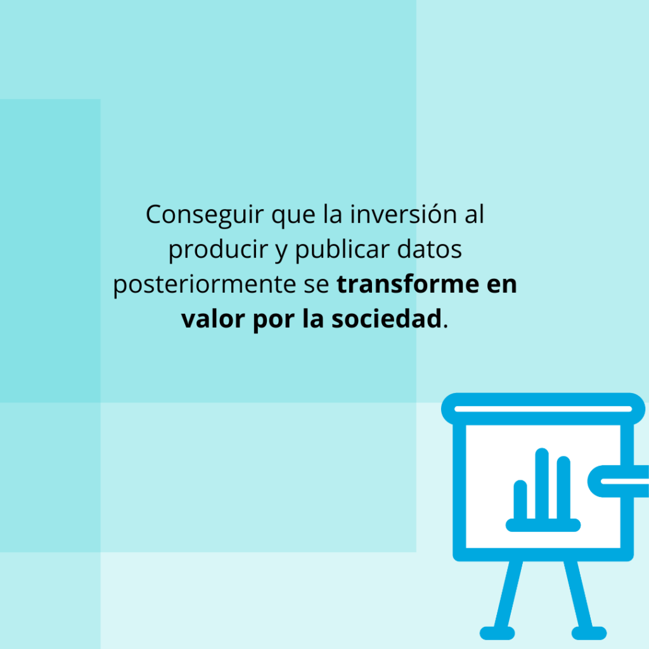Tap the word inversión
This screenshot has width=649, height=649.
(x=403, y=214)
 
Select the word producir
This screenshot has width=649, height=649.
(x=218, y=250)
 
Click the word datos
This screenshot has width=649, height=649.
(x=430, y=249)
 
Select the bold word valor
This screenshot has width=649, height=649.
(x=213, y=319)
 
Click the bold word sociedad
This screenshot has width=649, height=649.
(x=387, y=319)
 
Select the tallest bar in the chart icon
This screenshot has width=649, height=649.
(x=542, y=484)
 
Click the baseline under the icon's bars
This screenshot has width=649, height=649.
(x=543, y=525)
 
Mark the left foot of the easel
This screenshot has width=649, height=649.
(x=497, y=633)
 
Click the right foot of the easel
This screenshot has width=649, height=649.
(x=589, y=633)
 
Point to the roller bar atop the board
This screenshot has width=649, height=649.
(x=543, y=409)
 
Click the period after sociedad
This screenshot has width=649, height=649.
(x=446, y=327)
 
